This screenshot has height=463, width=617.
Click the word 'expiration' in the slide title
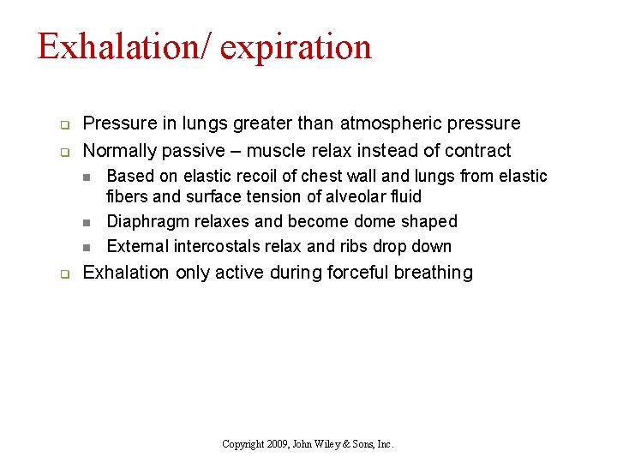(296, 47)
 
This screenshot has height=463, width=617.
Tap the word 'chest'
(296, 177)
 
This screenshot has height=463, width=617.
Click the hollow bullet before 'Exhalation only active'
(63, 274)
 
